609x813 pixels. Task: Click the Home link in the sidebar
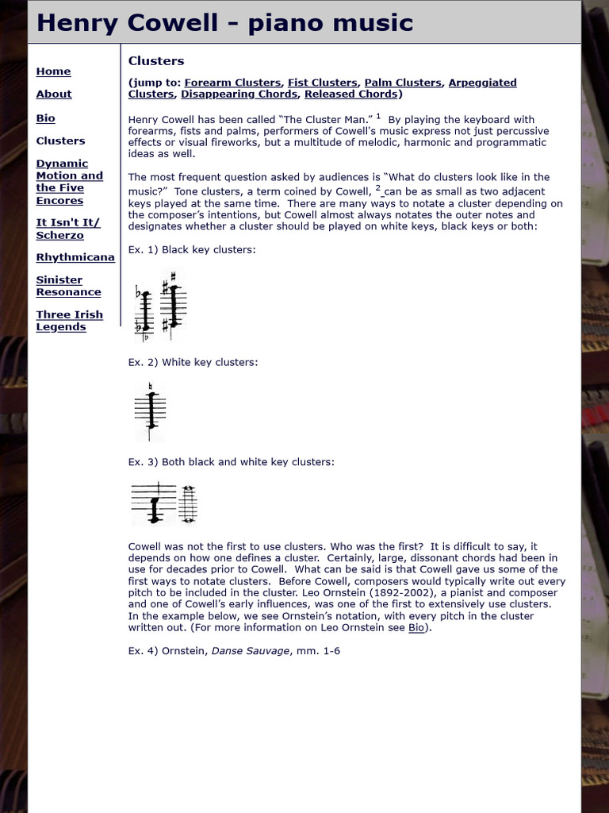(x=53, y=71)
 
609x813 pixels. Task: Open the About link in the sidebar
(x=53, y=94)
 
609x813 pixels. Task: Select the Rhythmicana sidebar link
(x=75, y=257)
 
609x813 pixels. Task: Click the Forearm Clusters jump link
(x=232, y=83)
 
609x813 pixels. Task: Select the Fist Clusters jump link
(x=323, y=83)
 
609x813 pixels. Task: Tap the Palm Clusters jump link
(x=402, y=83)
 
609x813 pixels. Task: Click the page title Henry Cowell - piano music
(x=224, y=23)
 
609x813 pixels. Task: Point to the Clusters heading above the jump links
(x=156, y=61)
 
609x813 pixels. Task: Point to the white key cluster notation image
(x=150, y=410)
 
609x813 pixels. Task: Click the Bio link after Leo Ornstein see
(x=416, y=627)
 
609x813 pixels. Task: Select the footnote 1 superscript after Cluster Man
(x=379, y=116)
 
